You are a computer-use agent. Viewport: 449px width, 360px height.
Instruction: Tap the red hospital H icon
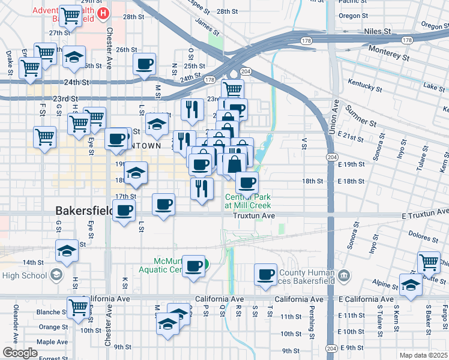pyautogui.click(x=104, y=13)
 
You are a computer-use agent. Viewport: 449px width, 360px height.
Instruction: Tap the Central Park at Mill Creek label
pyautogui.click(x=248, y=201)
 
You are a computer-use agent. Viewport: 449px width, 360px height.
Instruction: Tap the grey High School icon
pyautogui.click(x=56, y=275)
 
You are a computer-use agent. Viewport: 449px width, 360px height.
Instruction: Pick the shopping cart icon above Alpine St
pyautogui.click(x=428, y=262)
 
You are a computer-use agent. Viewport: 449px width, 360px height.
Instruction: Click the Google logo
pyautogui.click(x=20, y=353)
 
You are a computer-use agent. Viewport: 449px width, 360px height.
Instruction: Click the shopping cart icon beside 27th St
pyautogui.click(x=71, y=17)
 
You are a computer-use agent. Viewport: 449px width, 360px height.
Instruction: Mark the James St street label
pyautogui.click(x=204, y=24)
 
